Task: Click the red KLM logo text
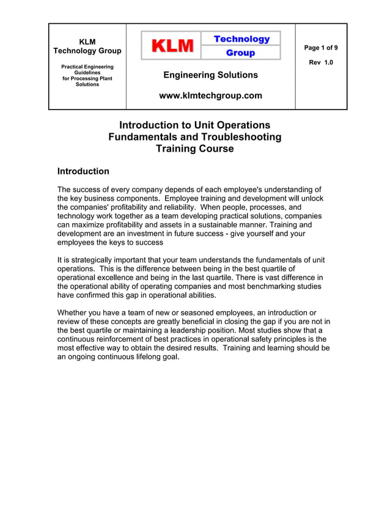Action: [x=173, y=46]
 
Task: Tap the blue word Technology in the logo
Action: [x=241, y=39]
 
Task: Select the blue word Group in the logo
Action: [x=241, y=53]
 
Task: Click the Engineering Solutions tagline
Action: [x=210, y=75]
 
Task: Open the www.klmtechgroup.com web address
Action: [x=210, y=95]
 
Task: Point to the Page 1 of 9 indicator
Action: [x=321, y=48]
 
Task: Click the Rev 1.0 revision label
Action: [x=321, y=62]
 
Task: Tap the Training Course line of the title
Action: [x=194, y=149]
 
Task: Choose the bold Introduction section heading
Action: [x=83, y=171]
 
